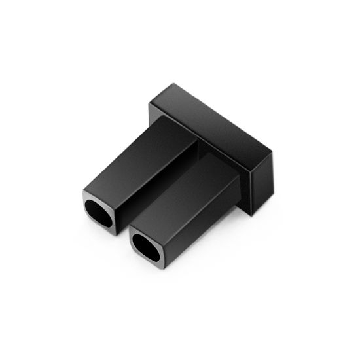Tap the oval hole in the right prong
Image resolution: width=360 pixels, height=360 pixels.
(147, 247)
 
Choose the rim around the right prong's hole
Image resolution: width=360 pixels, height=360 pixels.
(134, 238)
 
